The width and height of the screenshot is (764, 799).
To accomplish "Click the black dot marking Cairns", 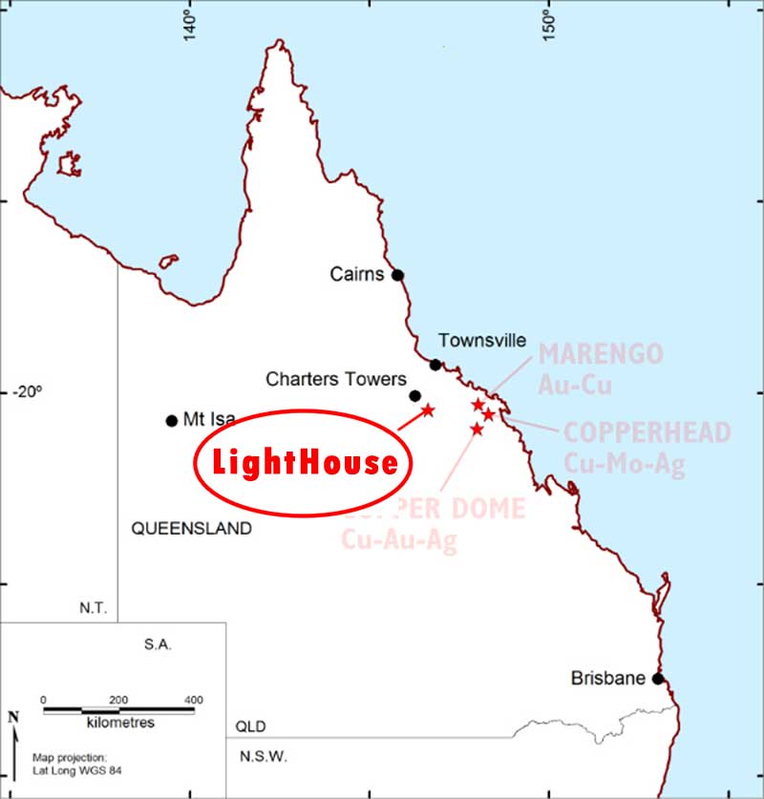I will click(x=398, y=275).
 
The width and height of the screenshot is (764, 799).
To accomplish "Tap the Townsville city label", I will click(x=482, y=341).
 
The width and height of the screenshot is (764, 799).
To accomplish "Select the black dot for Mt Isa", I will click(x=172, y=420).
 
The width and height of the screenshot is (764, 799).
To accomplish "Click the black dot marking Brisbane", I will click(x=658, y=679).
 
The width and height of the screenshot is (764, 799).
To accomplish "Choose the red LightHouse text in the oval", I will click(x=305, y=463).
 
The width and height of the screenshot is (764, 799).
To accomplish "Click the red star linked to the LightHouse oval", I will click(x=428, y=410).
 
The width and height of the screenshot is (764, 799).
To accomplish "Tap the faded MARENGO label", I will click(x=601, y=354).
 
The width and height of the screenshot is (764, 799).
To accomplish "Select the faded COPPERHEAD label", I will click(x=647, y=432).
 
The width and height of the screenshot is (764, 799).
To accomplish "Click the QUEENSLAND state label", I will click(x=192, y=528).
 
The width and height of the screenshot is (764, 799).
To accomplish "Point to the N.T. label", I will click(x=95, y=608).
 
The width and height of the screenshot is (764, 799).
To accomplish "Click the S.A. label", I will click(x=158, y=645).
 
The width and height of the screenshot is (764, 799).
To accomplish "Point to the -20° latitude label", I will click(x=27, y=391).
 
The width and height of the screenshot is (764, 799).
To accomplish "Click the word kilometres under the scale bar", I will click(x=119, y=724).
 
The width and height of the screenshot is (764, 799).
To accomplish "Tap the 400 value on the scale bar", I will click(x=194, y=700).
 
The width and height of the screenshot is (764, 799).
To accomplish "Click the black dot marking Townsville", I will click(x=436, y=365).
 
